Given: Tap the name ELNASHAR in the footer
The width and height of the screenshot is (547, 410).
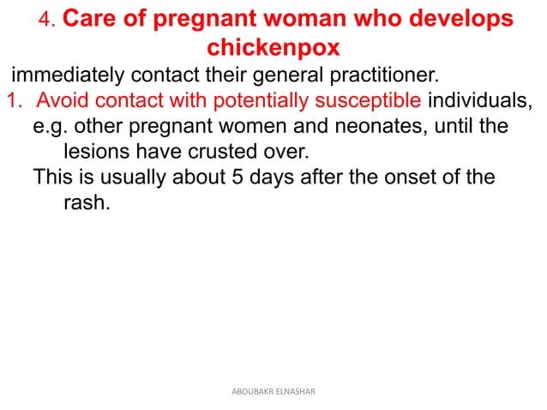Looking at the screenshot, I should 292,392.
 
